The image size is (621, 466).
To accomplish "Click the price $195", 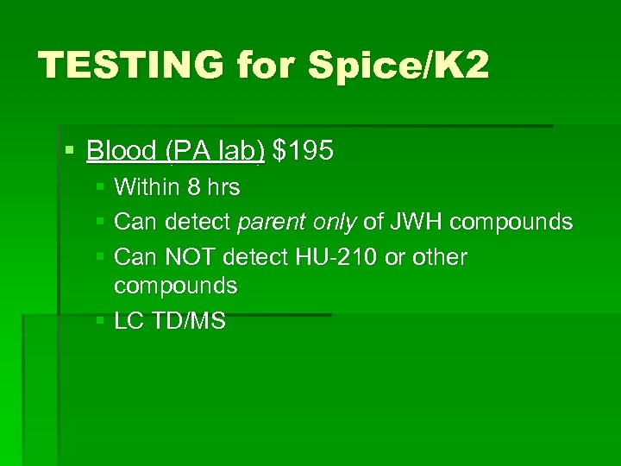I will [x=303, y=151].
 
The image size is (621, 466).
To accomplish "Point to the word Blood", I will [x=121, y=151].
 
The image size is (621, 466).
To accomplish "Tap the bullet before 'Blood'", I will [x=70, y=152].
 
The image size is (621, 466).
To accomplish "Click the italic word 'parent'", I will [x=270, y=223].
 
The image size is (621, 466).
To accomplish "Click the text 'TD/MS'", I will [x=188, y=322].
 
